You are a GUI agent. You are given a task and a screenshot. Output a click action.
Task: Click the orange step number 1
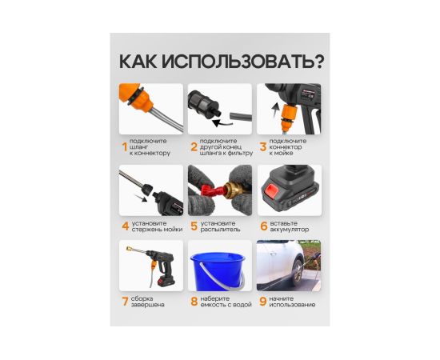tap(125, 147)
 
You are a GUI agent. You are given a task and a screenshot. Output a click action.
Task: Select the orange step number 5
tap(194, 226)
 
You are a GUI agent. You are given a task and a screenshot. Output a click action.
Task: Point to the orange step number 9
tap(263, 302)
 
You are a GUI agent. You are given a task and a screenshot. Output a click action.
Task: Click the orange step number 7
tap(125, 302)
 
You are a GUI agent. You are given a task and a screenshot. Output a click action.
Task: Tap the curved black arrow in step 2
tap(222, 123)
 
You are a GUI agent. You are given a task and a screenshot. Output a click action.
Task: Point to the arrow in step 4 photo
tap(141, 198)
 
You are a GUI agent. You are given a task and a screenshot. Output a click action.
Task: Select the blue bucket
tap(218, 271)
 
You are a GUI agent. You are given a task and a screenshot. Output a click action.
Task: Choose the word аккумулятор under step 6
tap(289, 230)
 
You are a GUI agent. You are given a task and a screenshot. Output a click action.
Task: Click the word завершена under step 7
tap(148, 305)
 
